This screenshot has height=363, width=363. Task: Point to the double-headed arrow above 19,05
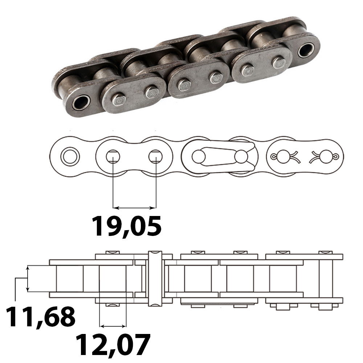point(134,208)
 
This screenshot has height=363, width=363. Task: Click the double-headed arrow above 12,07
point(113,325)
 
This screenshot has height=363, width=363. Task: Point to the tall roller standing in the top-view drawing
point(155,278)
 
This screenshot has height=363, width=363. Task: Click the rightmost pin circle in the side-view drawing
point(326,156)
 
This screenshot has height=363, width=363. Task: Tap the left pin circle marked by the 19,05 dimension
point(113,156)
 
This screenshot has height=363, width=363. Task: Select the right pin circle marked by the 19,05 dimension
point(156,156)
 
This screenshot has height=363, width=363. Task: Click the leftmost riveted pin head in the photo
point(118,99)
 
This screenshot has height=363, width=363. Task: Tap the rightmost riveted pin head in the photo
point(279,62)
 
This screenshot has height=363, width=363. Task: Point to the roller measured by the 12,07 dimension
point(113,278)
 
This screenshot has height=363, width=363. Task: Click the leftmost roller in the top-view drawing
point(70,278)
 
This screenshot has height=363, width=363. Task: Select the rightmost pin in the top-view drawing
point(326,278)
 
